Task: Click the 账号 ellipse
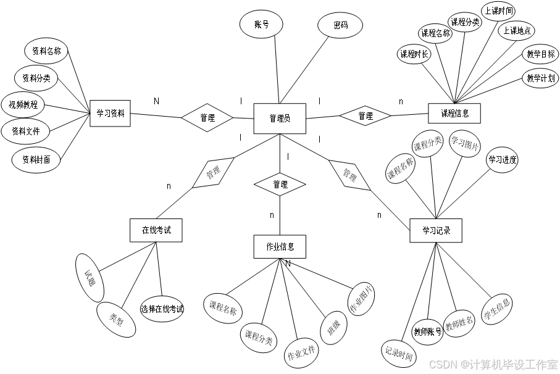point(261,25)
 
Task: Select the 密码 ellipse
point(340,25)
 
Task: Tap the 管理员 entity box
point(280,118)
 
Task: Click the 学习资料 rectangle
point(110,114)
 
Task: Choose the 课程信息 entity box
point(454,114)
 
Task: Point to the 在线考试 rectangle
point(156,230)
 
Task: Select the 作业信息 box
point(280,246)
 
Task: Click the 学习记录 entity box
point(436,231)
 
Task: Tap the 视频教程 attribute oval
point(23,105)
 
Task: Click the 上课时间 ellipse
point(498,10)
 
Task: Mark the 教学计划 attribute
point(541,78)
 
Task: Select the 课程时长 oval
point(414,54)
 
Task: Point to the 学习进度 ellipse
point(502,160)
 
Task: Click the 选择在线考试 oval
point(162,309)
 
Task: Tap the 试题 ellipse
point(89,278)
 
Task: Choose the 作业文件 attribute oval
point(301,354)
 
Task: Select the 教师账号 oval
point(427,331)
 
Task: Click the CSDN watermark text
point(493,364)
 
